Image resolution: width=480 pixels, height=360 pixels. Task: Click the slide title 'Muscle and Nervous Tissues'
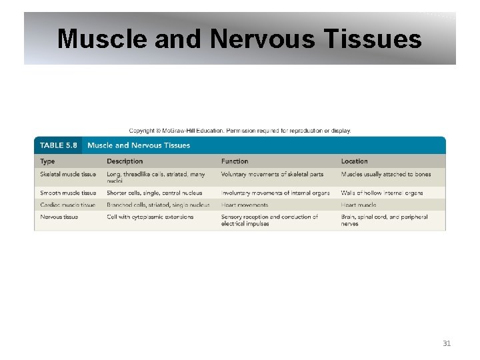coord(239,39)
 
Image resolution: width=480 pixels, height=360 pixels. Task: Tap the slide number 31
coord(447,343)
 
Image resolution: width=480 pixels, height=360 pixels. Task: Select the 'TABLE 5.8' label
coord(59,145)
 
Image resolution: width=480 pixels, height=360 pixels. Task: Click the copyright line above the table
coord(240,131)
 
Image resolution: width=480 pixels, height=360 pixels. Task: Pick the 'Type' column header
coord(47,161)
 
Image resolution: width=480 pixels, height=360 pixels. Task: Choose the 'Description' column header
coord(125,161)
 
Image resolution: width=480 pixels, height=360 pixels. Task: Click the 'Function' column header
coord(235,161)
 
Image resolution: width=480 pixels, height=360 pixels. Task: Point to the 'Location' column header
coord(354,161)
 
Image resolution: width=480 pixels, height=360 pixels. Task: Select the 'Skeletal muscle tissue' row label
coord(68,175)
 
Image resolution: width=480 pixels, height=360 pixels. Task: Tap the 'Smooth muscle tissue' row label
coord(68,193)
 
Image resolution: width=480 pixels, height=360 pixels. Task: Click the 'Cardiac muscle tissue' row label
coord(67,205)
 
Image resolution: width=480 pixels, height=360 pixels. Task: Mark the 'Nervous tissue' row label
coord(59,217)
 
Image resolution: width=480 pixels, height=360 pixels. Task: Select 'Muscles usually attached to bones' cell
coord(386,175)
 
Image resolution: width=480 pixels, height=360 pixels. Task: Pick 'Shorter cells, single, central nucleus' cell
coord(154,193)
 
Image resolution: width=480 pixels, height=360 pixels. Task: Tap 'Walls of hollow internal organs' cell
coord(383,193)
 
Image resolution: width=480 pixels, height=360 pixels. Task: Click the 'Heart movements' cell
coord(245,205)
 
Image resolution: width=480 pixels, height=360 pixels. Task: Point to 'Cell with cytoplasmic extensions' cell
coord(150,217)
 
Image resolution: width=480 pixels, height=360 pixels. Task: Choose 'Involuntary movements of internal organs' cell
coord(275,193)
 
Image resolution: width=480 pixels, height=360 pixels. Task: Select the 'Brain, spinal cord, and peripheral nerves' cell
coord(384,220)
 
